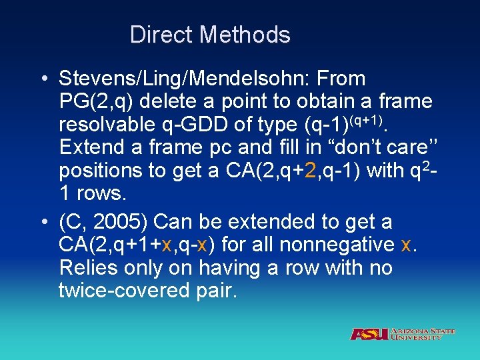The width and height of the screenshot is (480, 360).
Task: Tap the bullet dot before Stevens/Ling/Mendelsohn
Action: tap(43, 79)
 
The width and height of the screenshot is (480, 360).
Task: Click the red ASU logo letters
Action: tap(369, 334)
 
